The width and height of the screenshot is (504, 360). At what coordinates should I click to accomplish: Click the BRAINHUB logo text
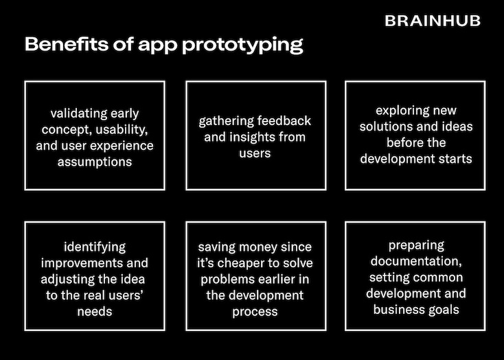(433, 21)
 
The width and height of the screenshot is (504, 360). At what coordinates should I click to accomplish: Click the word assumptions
(94, 162)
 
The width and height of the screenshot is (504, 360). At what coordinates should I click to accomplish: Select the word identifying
(94, 247)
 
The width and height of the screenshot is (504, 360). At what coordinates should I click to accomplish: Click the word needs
(94, 312)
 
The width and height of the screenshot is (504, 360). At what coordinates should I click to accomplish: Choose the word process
(255, 312)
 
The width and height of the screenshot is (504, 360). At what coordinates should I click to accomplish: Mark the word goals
(444, 310)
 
